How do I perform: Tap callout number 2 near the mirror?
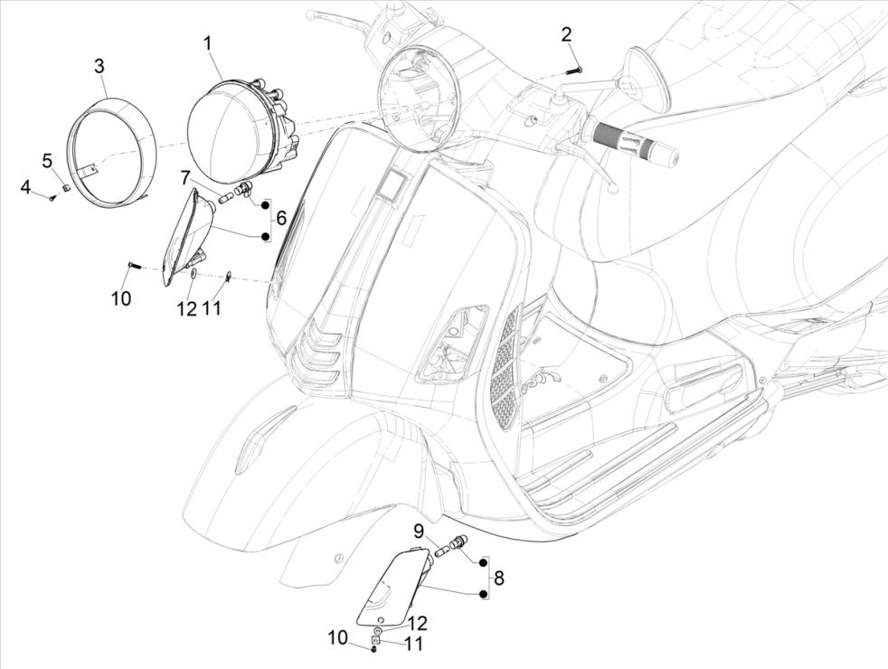tap(566, 35)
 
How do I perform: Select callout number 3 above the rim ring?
tap(99, 66)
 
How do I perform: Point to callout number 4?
tap(26, 187)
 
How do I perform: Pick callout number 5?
tap(46, 161)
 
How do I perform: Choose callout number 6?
tap(281, 218)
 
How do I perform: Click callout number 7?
tap(185, 176)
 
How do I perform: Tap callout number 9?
tap(420, 530)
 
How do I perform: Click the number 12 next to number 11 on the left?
tap(186, 309)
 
